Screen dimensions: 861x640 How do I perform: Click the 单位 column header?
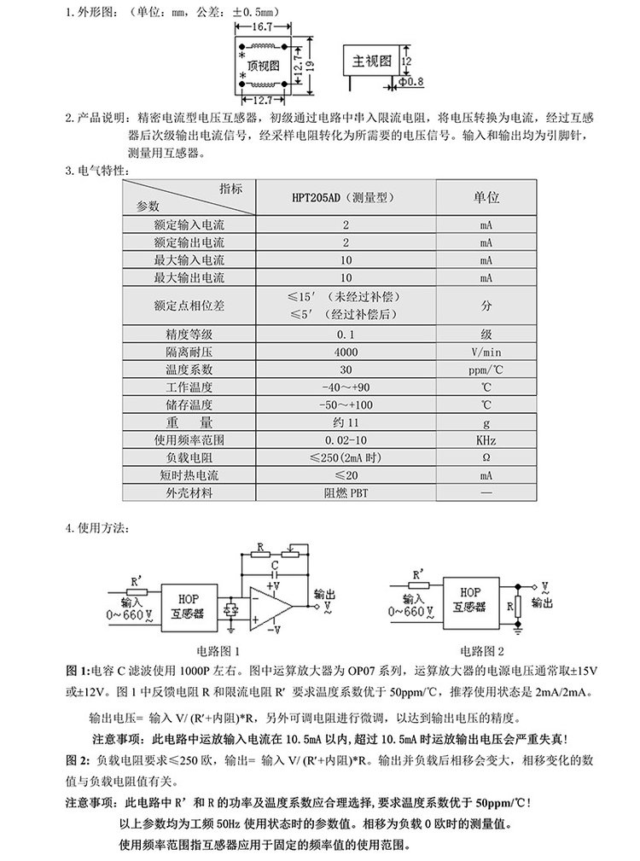tap(486, 195)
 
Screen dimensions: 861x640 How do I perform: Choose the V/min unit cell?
tap(486, 352)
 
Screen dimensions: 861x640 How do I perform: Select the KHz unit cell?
tap(486, 440)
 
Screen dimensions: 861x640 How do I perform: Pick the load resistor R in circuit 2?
tap(518, 607)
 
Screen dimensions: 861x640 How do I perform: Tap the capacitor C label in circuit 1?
tap(275, 566)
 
